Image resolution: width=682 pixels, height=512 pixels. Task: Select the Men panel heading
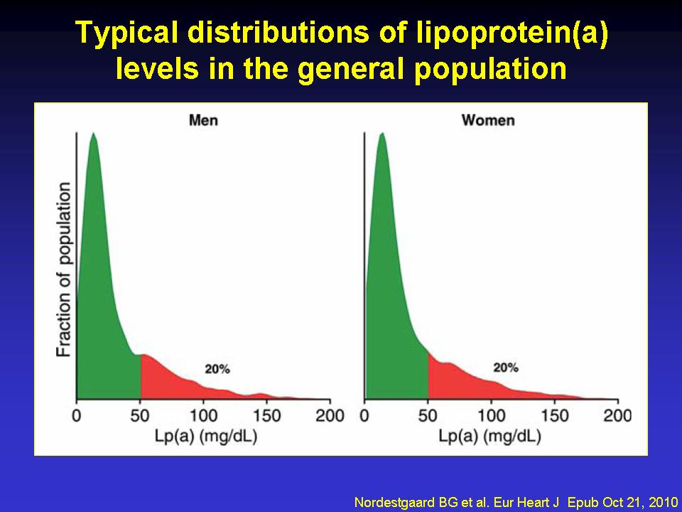pyautogui.click(x=203, y=119)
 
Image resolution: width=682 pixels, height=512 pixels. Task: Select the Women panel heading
pyautogui.click(x=488, y=119)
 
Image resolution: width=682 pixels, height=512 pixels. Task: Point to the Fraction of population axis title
pyautogui.click(x=64, y=269)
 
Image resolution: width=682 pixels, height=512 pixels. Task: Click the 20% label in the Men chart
pyautogui.click(x=217, y=369)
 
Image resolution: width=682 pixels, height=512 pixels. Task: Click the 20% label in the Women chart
pyautogui.click(x=506, y=368)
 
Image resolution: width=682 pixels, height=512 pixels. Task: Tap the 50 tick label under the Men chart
pyautogui.click(x=141, y=415)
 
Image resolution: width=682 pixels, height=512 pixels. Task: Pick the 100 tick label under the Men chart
pyautogui.click(x=205, y=415)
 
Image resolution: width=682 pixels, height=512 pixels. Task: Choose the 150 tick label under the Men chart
pyautogui.click(x=268, y=415)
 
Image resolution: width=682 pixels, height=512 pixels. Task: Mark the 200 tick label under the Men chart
pyautogui.click(x=330, y=415)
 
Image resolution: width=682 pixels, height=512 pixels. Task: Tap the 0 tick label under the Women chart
pyautogui.click(x=364, y=415)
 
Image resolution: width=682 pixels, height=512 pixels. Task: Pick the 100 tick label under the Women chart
pyautogui.click(x=492, y=415)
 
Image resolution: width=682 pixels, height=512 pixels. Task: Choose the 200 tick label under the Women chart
pyautogui.click(x=617, y=415)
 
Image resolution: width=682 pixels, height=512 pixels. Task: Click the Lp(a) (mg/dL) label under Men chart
pyautogui.click(x=205, y=436)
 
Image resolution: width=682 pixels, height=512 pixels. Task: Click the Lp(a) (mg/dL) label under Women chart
pyautogui.click(x=492, y=436)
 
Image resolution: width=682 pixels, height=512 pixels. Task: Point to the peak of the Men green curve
pyautogui.click(x=93, y=134)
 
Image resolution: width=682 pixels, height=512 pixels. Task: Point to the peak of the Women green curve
pyautogui.click(x=382, y=134)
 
